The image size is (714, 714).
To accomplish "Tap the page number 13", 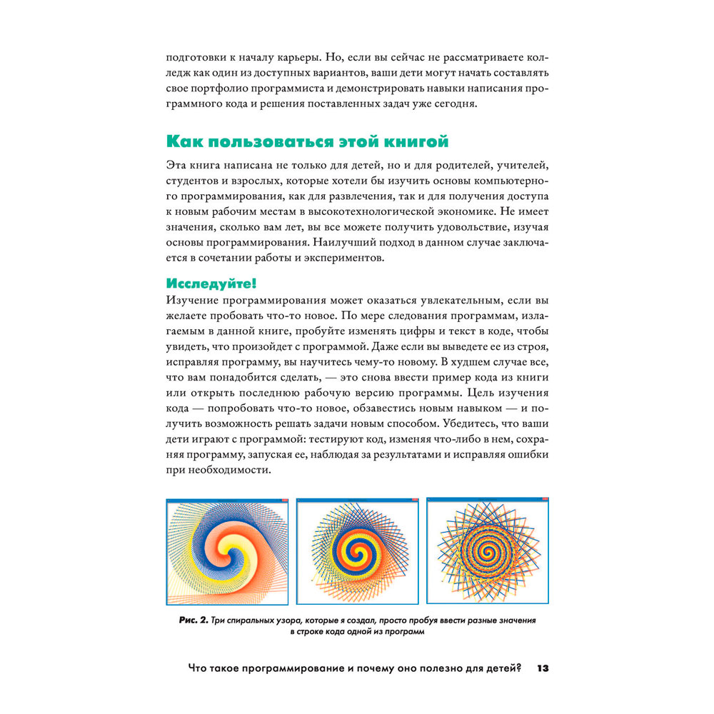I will click(x=541, y=668).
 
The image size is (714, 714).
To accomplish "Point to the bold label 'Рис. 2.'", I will click(x=193, y=620).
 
